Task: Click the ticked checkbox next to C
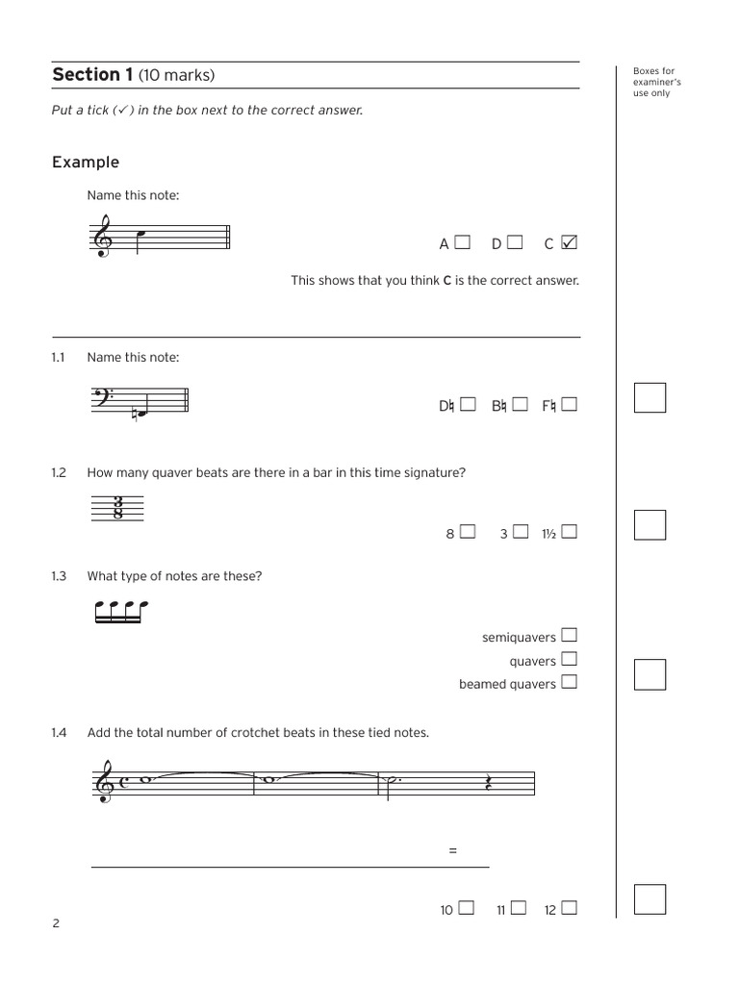(569, 243)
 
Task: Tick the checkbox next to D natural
(468, 405)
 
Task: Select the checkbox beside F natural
(570, 405)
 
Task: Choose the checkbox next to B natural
(520, 405)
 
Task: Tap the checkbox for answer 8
(468, 532)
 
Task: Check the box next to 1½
(570, 532)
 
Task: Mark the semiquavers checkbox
(570, 636)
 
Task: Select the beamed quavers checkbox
(570, 683)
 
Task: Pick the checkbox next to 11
(520, 908)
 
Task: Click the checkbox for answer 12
(570, 908)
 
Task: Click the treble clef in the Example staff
(101, 238)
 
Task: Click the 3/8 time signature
(116, 508)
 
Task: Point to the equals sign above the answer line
(452, 851)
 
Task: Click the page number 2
(56, 924)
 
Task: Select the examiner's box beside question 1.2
(650, 525)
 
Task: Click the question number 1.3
(59, 576)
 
